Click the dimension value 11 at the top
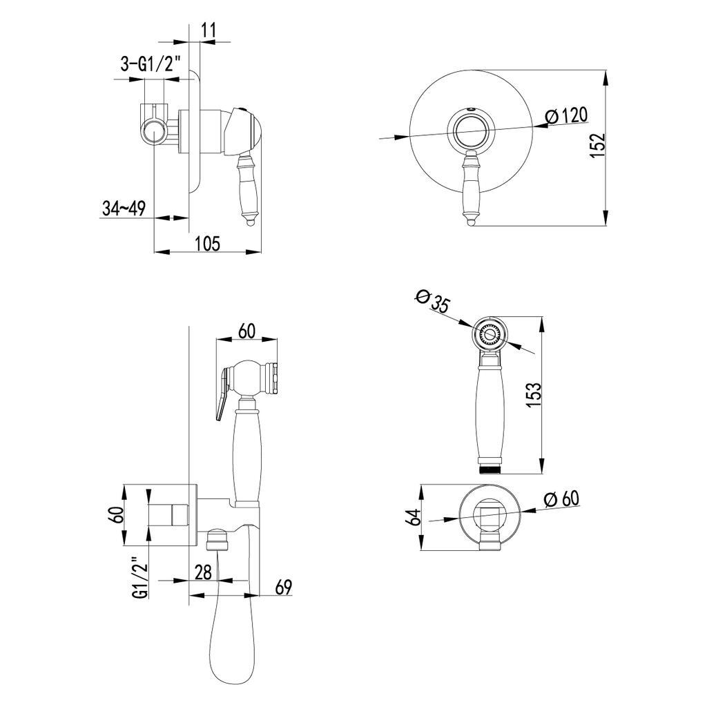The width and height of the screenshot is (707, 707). click(x=209, y=30)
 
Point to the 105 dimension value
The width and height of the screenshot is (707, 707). click(x=208, y=244)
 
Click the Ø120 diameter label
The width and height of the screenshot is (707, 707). click(x=566, y=116)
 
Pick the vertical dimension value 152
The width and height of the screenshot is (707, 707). click(x=598, y=145)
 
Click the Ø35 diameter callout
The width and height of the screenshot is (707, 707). click(x=432, y=301)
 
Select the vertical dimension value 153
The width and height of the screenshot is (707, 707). click(x=534, y=395)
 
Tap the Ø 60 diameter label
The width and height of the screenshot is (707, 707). click(x=561, y=499)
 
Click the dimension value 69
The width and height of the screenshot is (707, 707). click(x=283, y=587)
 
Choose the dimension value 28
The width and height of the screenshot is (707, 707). click(x=203, y=572)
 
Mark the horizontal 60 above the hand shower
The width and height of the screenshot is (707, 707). click(x=246, y=331)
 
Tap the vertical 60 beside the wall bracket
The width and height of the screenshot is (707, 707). click(x=116, y=514)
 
